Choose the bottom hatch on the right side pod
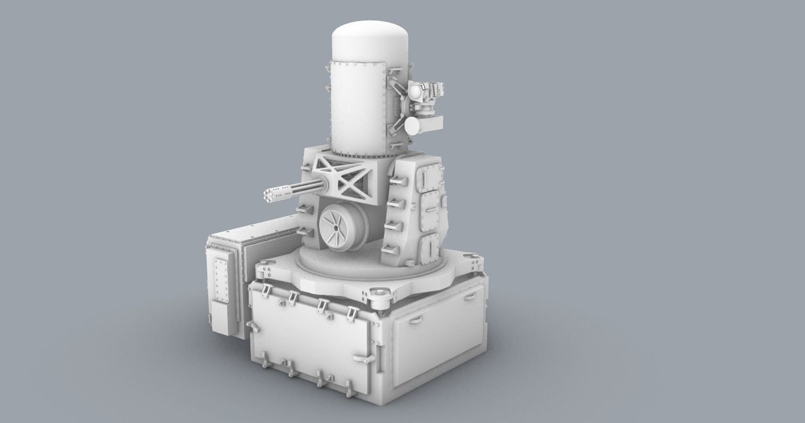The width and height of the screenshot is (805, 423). (430, 247)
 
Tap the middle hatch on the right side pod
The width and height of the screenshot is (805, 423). (431, 212)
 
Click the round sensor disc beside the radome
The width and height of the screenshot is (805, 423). (413, 125)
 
